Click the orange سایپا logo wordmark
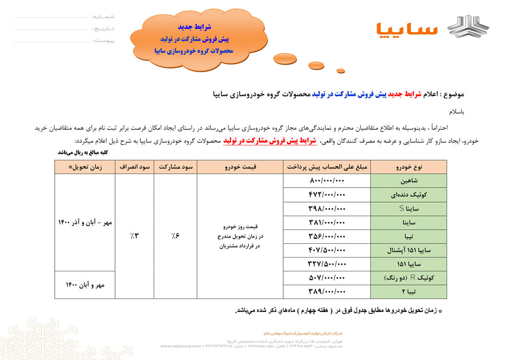(407, 29)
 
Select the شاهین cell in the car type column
(409, 181)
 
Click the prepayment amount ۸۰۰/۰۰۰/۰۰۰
(328, 181)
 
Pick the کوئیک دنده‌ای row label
(409, 195)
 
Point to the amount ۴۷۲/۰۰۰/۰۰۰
(328, 195)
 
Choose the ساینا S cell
(409, 209)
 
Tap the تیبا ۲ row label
(409, 291)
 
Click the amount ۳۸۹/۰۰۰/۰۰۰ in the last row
(328, 291)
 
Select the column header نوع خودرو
(409, 167)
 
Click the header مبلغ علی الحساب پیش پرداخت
(327, 167)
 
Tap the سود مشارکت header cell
(175, 167)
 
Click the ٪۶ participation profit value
(175, 236)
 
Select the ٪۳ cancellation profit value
(134, 236)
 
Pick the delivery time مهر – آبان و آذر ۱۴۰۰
(84, 223)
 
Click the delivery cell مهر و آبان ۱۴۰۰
(84, 285)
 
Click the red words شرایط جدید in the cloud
(194, 26)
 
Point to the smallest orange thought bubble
(340, 71)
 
